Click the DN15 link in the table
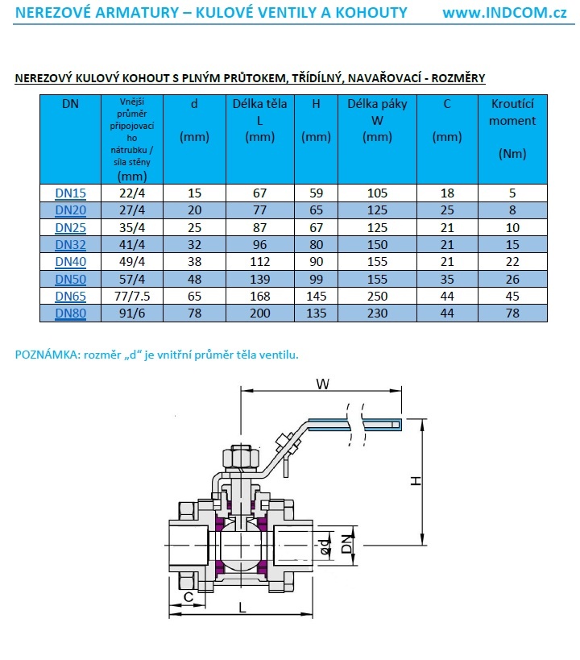pos(70,193)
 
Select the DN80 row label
pos(70,313)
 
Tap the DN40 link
pos(70,262)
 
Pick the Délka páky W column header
pos(377,120)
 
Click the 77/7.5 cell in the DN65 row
pos(130,296)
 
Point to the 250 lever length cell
pos(377,296)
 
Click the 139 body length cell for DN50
pos(259,279)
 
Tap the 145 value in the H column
pos(317,296)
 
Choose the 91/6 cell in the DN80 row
pos(130,313)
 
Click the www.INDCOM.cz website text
pos(505,12)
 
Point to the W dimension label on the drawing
pos(322,385)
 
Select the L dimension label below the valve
pos(242,607)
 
